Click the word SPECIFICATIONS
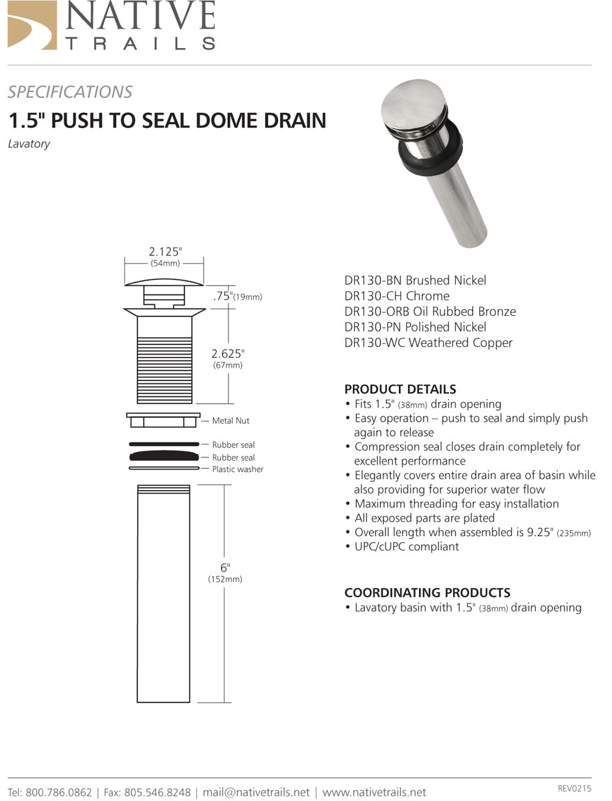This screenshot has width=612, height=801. pos(70,92)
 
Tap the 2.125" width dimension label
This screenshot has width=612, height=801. pos(164,252)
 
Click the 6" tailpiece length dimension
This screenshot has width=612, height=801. pos(225,567)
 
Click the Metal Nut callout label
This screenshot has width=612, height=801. pos(231,421)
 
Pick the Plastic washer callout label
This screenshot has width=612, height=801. pos(237,469)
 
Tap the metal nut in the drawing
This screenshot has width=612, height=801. pos(163,420)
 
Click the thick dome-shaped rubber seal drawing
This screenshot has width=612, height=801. pos(163,457)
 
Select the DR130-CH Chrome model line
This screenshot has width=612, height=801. pos(396,296)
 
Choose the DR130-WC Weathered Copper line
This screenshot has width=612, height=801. pos(428,342)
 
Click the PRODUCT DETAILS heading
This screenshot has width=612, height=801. pos(400,389)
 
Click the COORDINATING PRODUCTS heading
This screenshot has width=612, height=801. pos(427,592)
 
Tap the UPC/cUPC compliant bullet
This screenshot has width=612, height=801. pos(406,547)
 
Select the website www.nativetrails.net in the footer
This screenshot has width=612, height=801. pos(374,792)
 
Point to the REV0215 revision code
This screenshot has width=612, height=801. pos(574,789)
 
